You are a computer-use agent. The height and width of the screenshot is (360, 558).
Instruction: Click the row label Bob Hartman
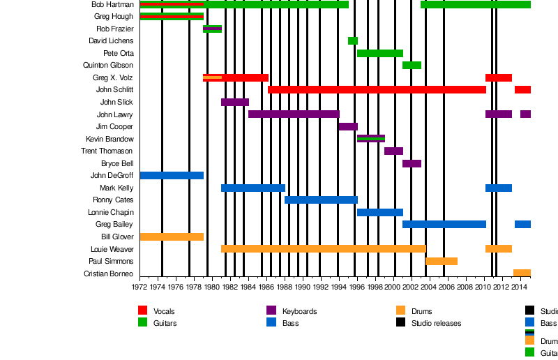point(112,4)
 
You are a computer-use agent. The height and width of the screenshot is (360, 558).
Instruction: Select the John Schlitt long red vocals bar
point(377,89)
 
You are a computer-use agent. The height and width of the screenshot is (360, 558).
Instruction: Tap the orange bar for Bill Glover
point(172,237)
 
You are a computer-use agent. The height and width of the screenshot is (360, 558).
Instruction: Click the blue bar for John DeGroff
point(172,175)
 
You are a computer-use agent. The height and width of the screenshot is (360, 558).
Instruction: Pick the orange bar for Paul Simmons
point(442,261)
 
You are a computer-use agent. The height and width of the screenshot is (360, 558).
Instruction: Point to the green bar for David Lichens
point(353,40)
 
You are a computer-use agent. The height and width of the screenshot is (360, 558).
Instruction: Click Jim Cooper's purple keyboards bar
point(348,126)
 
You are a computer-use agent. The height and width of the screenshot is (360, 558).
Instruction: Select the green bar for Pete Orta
point(380,53)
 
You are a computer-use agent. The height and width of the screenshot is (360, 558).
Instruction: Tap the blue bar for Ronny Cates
point(321,200)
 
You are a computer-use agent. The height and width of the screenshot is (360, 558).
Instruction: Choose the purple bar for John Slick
point(235,102)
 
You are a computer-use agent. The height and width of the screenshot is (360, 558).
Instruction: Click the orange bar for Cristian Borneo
point(522,273)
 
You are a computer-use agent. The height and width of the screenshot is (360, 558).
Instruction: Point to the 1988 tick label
point(284,286)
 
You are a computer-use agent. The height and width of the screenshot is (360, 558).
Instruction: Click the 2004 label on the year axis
point(429,286)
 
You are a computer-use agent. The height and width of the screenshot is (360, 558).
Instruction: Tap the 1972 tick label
point(139,286)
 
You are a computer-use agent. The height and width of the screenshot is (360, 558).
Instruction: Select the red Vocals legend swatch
point(143,310)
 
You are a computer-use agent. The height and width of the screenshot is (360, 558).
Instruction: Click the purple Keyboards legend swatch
point(271,310)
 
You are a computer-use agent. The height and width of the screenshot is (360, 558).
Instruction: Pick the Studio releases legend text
point(436,323)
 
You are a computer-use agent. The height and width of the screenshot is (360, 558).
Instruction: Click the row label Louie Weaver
point(112,248)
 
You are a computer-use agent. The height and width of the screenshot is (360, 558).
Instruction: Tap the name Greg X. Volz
point(112,77)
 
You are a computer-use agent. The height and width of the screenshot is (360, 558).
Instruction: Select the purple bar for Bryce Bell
point(412,163)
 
